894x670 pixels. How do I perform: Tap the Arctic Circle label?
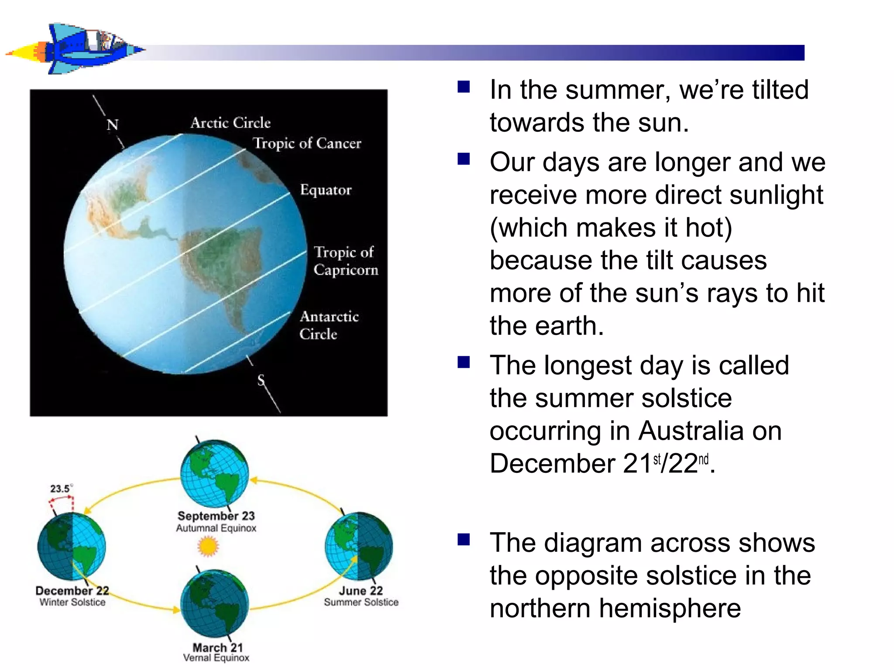point(230,123)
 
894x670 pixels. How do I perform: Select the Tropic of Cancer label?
point(307,144)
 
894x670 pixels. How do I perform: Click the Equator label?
point(326,190)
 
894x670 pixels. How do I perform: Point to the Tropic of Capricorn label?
point(345,261)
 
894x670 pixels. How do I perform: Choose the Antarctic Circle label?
point(329,325)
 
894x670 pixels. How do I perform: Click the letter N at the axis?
point(113,125)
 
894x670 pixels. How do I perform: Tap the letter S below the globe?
point(261,380)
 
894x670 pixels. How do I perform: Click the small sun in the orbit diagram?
point(208,547)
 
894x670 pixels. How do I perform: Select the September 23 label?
point(216,516)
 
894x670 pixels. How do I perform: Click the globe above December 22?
point(72,547)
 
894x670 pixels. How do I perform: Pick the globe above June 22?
point(359,547)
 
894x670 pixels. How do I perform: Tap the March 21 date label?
point(217,648)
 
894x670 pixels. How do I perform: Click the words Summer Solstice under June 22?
point(361,602)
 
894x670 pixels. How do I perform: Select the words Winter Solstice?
point(72,602)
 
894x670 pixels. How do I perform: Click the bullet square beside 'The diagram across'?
point(464,540)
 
